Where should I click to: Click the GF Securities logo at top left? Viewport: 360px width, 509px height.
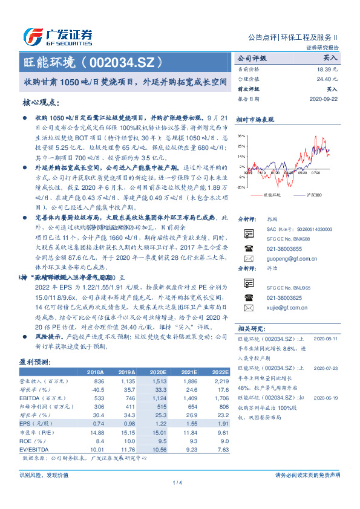coord(57,36)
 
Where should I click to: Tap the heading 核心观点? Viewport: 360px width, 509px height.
coord(41,103)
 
